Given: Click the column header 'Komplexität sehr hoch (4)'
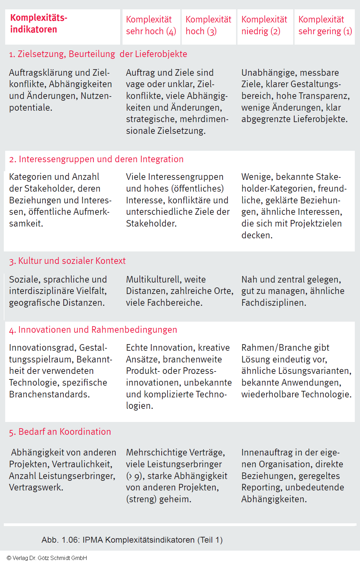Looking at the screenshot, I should coord(151,25).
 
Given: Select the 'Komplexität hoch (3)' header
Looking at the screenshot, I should coord(208,25).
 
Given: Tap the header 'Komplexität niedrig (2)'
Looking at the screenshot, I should coord(264,25).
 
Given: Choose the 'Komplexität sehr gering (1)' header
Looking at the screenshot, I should coord(325,25).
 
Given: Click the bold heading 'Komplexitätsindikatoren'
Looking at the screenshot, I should coord(39,24).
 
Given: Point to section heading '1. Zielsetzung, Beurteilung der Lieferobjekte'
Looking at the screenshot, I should coord(98,54).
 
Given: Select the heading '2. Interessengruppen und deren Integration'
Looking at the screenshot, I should coord(96,159).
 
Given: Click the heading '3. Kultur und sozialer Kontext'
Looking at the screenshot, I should coord(67,261).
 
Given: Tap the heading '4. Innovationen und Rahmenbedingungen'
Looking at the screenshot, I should coord(93,330).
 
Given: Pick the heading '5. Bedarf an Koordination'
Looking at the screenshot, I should coord(60,432).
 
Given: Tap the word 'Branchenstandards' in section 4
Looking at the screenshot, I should coord(49,394).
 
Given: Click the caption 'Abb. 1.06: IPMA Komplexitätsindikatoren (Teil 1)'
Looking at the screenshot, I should coord(132,540).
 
